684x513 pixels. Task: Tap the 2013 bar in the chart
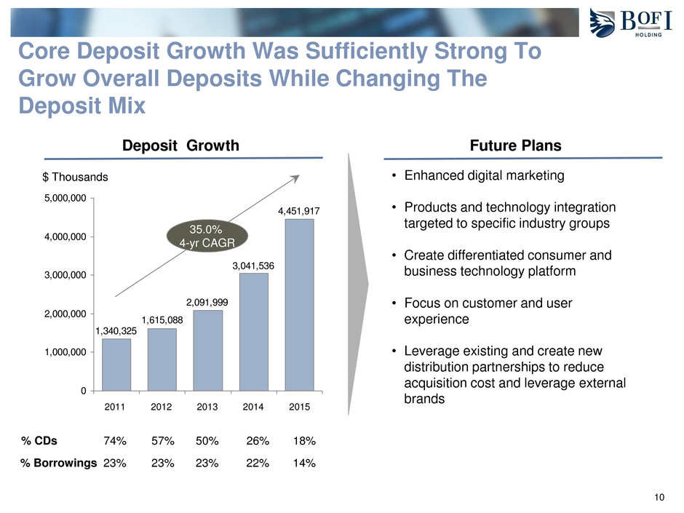(208, 350)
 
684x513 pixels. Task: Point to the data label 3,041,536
(254, 266)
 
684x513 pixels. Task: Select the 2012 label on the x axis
(162, 407)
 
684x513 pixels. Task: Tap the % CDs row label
(39, 441)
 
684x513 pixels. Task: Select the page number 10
(659, 498)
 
